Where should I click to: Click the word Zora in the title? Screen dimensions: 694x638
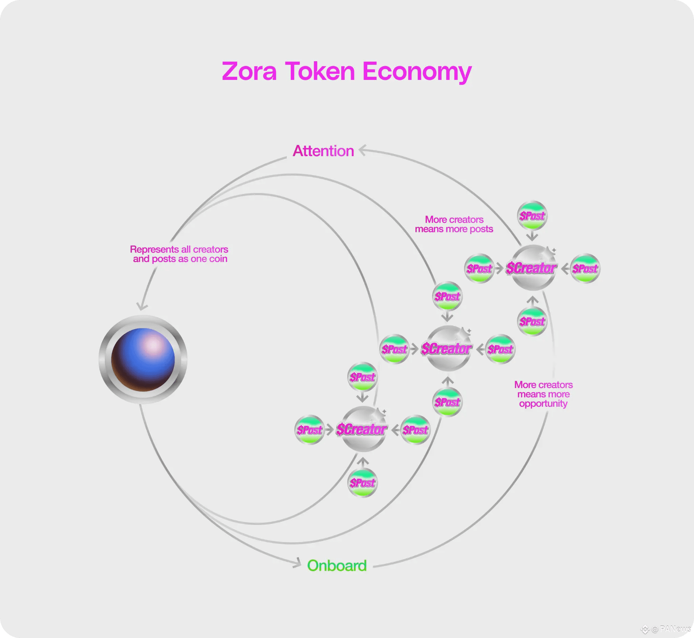[x=249, y=71]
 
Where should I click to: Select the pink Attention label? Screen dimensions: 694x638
[x=323, y=151]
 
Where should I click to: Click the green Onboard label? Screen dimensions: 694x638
[x=337, y=566]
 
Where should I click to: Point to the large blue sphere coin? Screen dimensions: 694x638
[x=143, y=359]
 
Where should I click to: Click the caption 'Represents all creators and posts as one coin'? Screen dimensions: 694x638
[x=179, y=254]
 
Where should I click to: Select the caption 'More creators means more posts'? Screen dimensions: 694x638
[x=454, y=224]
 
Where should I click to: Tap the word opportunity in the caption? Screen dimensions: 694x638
[x=543, y=404]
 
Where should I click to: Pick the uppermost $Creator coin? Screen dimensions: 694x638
[x=532, y=268]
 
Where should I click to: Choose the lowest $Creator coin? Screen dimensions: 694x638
[x=362, y=429]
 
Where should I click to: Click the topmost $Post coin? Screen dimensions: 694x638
[x=532, y=215]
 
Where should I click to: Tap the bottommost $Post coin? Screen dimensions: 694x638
[x=362, y=482]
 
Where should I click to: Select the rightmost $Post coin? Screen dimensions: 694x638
[x=585, y=268]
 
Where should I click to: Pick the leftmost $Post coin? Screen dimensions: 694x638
[x=309, y=429]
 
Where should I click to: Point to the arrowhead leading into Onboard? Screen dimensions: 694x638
[x=298, y=562]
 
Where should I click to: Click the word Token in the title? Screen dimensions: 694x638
[x=320, y=71]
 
